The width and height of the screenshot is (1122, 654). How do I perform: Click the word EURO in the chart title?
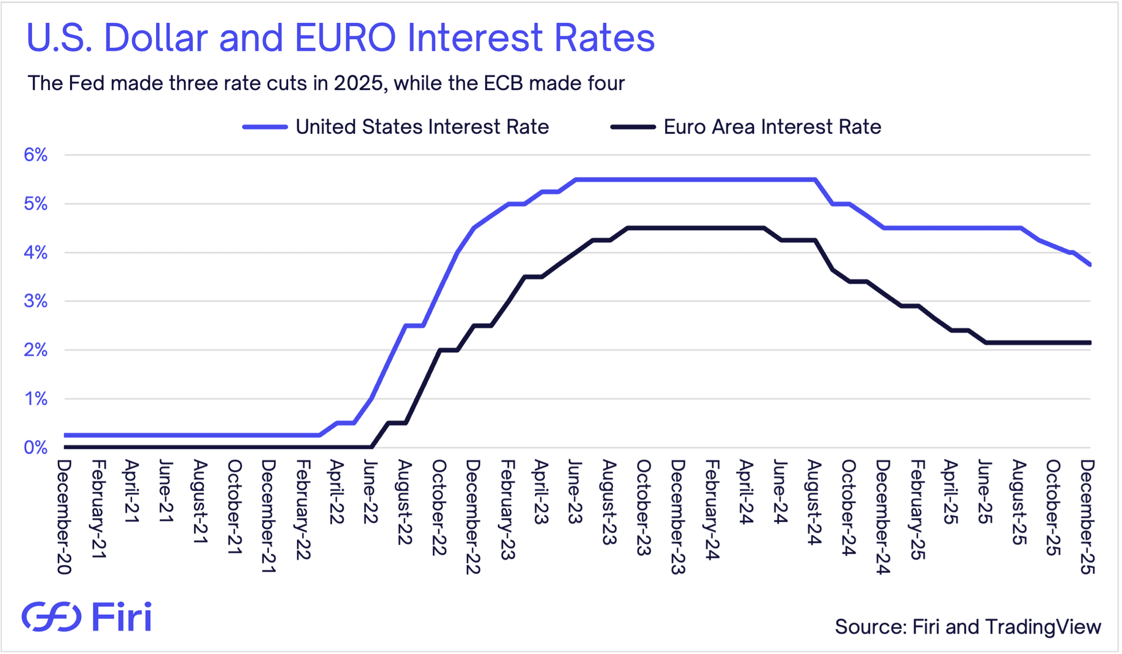tap(345, 38)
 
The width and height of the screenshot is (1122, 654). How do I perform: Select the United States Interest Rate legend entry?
tap(396, 127)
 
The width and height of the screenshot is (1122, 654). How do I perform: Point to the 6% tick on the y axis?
tap(36, 155)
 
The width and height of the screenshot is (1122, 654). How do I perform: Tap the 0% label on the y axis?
tap(36, 447)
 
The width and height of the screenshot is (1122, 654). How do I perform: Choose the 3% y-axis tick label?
tap(36, 301)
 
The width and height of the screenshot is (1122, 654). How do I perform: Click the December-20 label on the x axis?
tap(64, 517)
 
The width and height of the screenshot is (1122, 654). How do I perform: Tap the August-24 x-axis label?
tap(814, 502)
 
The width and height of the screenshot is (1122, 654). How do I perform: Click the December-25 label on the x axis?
tap(1087, 517)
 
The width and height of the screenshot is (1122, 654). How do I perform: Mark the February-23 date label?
tap(507, 510)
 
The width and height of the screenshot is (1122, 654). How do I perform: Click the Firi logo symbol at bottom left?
tap(51, 617)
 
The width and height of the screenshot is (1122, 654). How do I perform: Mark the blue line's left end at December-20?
tap(65, 435)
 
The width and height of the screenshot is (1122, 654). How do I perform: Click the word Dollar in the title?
tap(155, 38)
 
